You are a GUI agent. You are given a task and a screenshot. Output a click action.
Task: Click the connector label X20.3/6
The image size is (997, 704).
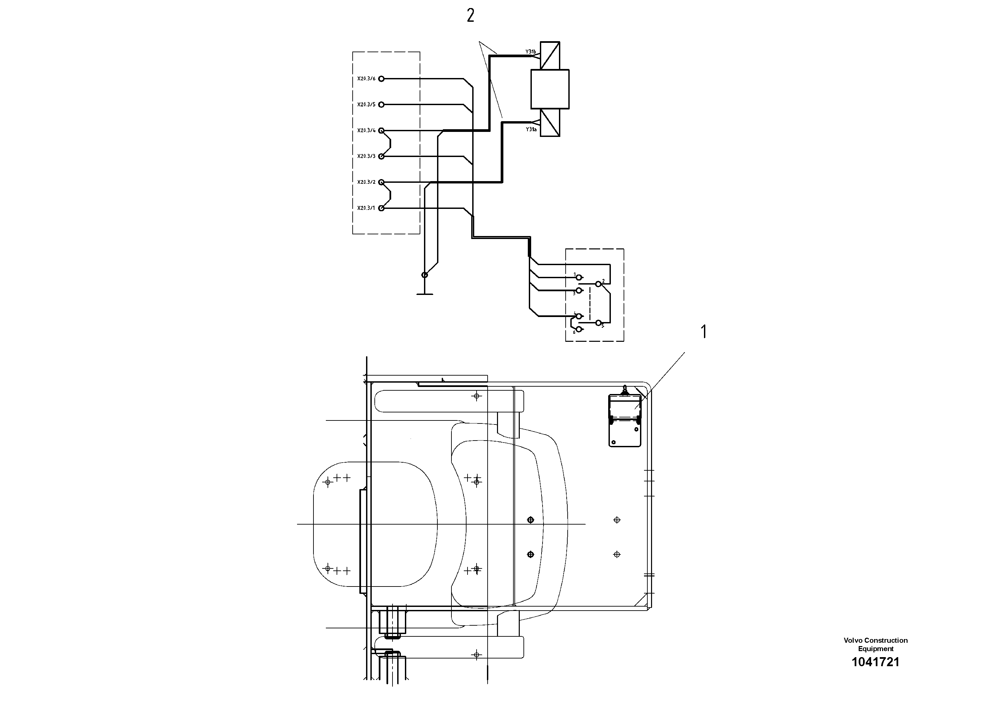pos(366,79)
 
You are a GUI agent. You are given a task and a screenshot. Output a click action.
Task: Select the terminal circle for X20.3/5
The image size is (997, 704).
pos(381,104)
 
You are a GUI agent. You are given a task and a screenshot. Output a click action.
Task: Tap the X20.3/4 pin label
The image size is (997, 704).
pos(366,130)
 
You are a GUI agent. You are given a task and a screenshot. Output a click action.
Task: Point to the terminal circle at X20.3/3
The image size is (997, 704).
pos(381,156)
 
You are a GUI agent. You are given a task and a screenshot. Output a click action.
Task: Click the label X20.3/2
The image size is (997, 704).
pos(366,182)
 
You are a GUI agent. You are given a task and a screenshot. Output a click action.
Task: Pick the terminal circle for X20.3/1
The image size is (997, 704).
pos(381,208)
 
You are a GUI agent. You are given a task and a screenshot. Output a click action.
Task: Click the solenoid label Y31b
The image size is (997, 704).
pos(530,52)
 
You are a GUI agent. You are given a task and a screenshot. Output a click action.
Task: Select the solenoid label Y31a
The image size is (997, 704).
pos(530,129)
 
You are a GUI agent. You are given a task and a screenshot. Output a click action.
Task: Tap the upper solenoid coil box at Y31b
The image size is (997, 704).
pos(550,55)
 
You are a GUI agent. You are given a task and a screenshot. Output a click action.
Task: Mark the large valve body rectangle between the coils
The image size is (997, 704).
pos(550,89)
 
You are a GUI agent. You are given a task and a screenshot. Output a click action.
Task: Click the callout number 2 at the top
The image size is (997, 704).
pos(470,16)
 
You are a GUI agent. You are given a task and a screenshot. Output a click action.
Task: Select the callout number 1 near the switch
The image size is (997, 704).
pos(704,332)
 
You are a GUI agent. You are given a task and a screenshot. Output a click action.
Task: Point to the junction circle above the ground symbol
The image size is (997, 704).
pos(425,275)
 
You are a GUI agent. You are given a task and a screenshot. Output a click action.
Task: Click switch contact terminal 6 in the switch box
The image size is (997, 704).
pos(578,330)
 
